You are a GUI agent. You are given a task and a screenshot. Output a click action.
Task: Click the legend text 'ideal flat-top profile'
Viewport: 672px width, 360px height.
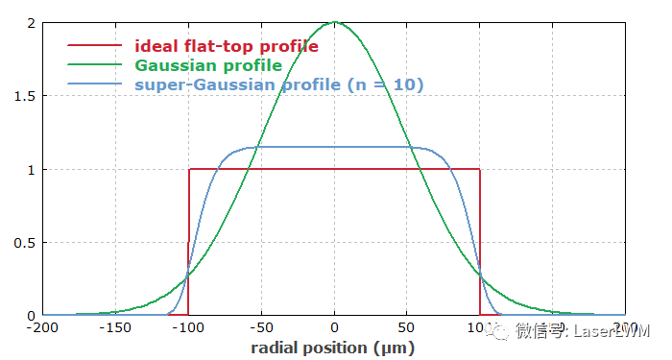[x=227, y=45]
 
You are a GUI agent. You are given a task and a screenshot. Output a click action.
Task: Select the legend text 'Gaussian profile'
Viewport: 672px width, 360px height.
[x=208, y=65]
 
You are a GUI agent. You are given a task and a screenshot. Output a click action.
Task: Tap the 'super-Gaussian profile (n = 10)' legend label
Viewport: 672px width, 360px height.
[x=279, y=84]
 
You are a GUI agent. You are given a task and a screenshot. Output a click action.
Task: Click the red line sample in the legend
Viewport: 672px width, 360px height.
[x=95, y=45]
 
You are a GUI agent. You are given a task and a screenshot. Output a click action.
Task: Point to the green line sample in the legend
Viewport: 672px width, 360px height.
[x=95, y=65]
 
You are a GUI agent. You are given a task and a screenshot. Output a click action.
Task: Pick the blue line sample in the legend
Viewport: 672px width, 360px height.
[x=95, y=84]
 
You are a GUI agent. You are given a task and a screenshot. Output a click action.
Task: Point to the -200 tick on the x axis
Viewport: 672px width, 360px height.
[x=43, y=327]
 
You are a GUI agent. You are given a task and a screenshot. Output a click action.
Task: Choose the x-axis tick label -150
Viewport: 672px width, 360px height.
[x=116, y=327]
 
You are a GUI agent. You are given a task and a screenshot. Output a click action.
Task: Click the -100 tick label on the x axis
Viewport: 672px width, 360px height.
[x=189, y=327]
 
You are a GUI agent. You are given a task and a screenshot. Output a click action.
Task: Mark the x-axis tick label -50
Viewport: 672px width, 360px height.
[x=262, y=327]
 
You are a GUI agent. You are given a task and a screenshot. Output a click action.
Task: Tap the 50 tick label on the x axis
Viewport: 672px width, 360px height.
[x=407, y=327]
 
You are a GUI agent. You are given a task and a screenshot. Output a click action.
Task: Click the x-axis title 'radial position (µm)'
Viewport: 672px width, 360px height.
[x=333, y=347]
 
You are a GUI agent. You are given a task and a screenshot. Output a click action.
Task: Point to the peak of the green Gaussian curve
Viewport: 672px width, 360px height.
[x=334, y=22]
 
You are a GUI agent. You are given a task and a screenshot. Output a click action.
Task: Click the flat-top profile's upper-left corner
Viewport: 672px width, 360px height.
[x=189, y=170]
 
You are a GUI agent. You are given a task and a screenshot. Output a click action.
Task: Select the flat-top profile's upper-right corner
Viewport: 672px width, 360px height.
[x=480, y=170]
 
